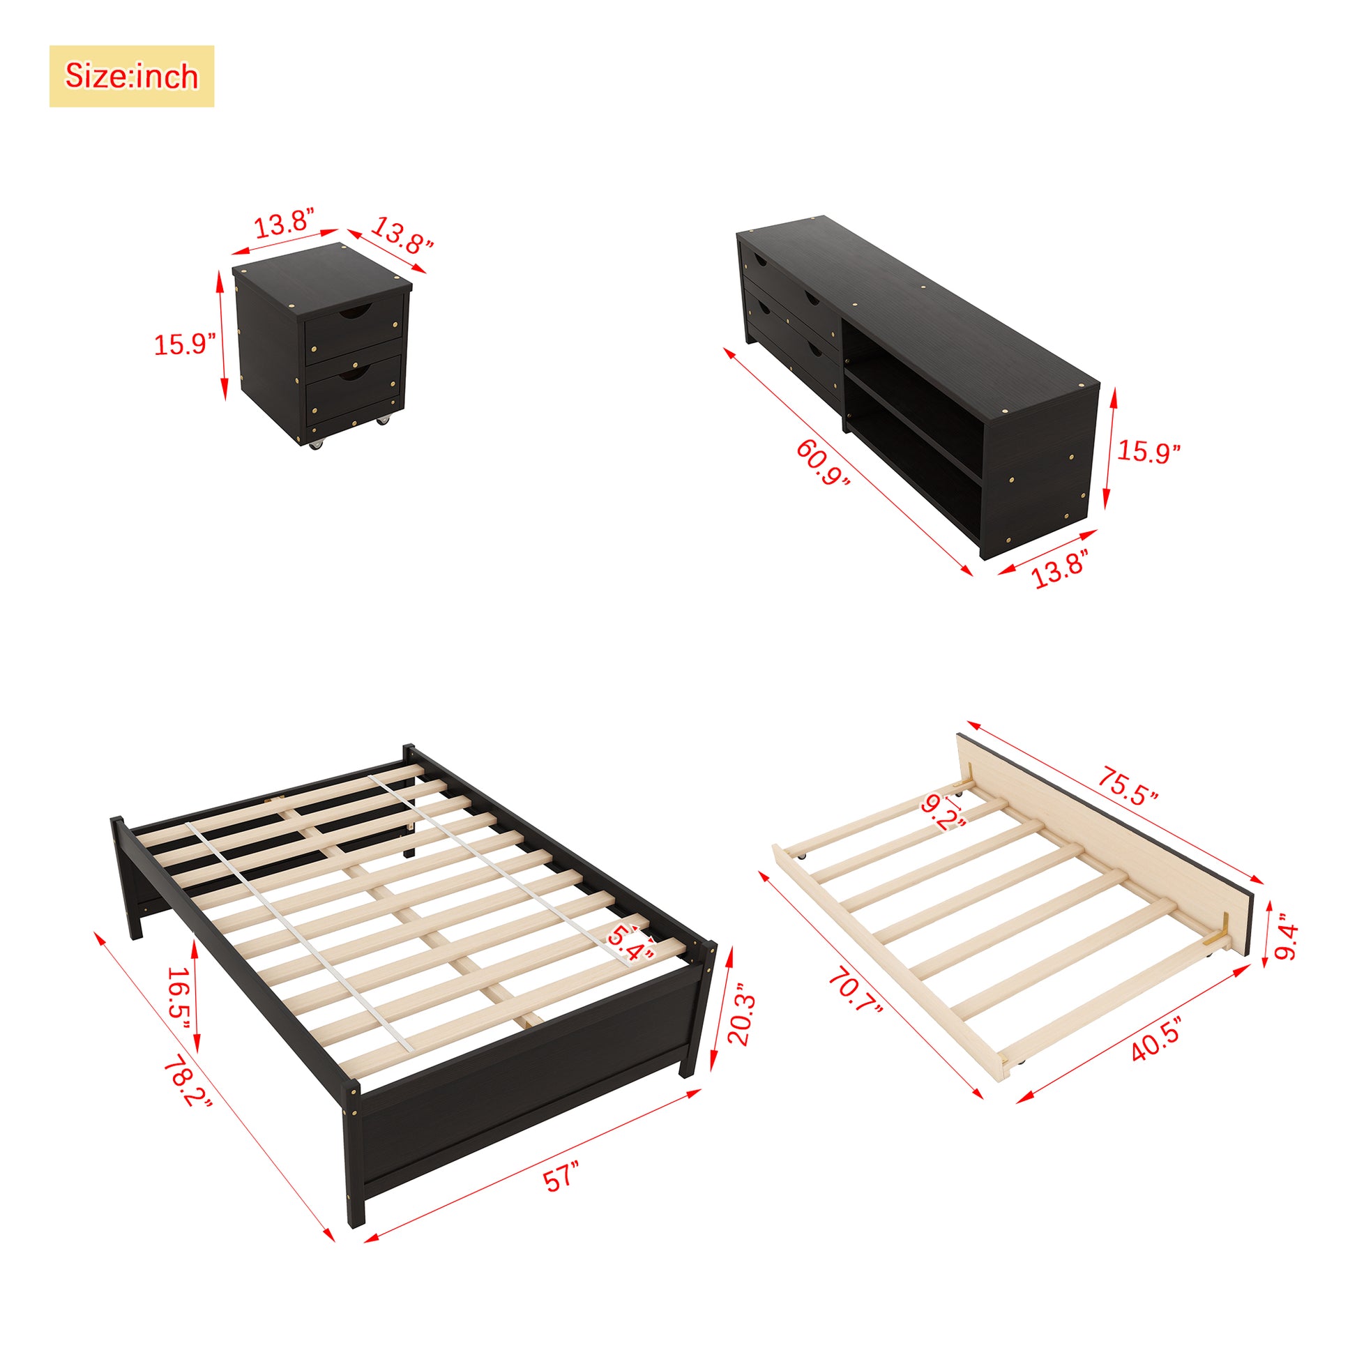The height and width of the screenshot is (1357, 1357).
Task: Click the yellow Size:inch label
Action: [x=131, y=76]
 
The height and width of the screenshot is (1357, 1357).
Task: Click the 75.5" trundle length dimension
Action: [x=1128, y=786]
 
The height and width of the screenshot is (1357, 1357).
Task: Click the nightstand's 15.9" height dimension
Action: [x=185, y=344]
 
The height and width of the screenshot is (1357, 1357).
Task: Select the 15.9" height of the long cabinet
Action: [x=1148, y=451]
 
